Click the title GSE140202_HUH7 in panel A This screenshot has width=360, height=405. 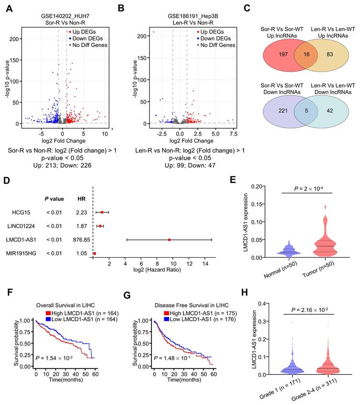pyautogui.click(x=66, y=15)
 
